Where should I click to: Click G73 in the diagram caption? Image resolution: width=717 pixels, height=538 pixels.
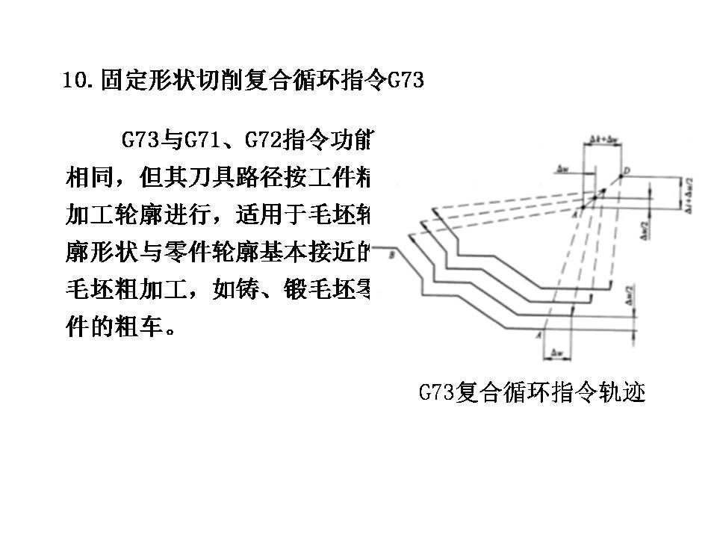pyautogui.click(x=436, y=392)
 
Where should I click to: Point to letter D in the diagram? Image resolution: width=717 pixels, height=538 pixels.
pyautogui.click(x=629, y=171)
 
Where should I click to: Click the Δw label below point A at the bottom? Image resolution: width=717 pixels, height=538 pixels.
pyautogui.click(x=555, y=351)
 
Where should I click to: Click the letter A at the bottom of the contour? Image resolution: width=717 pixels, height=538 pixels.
pyautogui.click(x=539, y=337)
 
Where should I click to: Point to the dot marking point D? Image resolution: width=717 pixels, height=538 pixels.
pyautogui.click(x=621, y=178)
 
